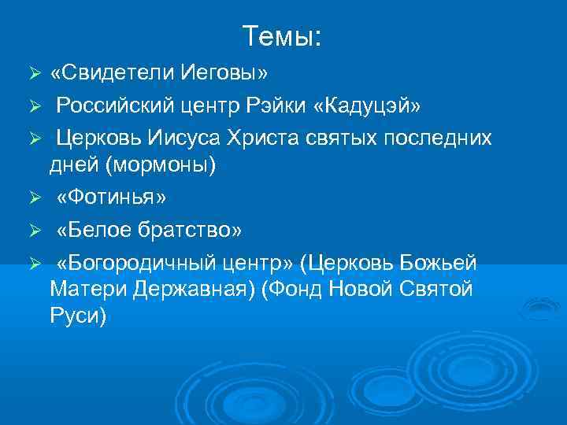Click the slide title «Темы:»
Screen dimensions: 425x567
283,36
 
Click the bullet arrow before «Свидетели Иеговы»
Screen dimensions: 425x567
34,74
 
